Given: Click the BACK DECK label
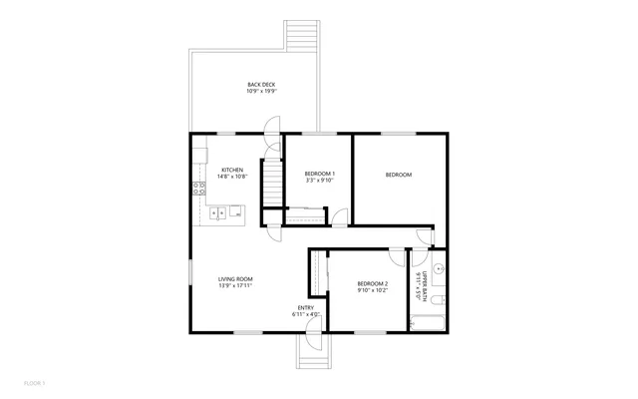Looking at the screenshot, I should click(x=261, y=84).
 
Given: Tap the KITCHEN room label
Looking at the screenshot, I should click(x=232, y=171).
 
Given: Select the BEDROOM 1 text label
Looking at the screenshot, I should click(x=319, y=175).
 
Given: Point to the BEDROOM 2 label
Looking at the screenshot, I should click(x=372, y=284).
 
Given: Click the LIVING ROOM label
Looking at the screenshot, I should click(x=235, y=278).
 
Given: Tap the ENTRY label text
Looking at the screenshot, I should click(x=306, y=307).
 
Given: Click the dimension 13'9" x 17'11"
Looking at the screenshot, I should click(x=235, y=286).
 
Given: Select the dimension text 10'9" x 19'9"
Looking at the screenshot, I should click(x=261, y=92).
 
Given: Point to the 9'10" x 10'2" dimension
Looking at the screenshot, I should click(x=372, y=291).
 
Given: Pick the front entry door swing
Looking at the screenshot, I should click(x=310, y=340).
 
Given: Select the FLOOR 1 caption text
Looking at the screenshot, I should click(x=34, y=383).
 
